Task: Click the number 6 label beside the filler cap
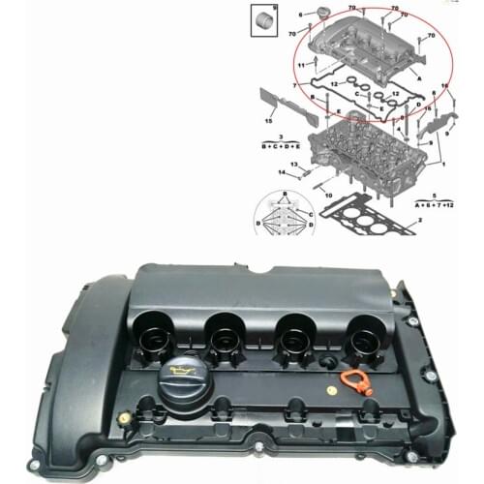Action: click(x=301, y=15)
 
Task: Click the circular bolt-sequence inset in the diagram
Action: click(x=283, y=215)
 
